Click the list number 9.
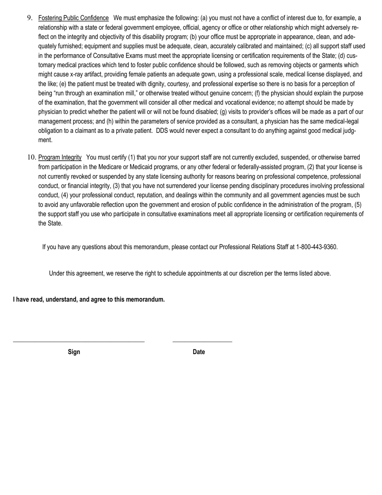pyautogui.click(x=29, y=18)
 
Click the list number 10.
pyautogui.click(x=32, y=157)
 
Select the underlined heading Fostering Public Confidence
pyautogui.click(x=73, y=18)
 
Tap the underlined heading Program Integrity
pyautogui.click(x=60, y=157)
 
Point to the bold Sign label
pyautogui.click(x=74, y=352)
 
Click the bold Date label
pyautogui.click(x=199, y=352)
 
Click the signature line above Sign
pyautogui.click(x=79, y=342)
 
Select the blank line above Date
pyautogui.click(x=202, y=342)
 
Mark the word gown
pyautogui.click(x=216, y=74)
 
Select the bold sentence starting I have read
pyautogui.click(x=89, y=299)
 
